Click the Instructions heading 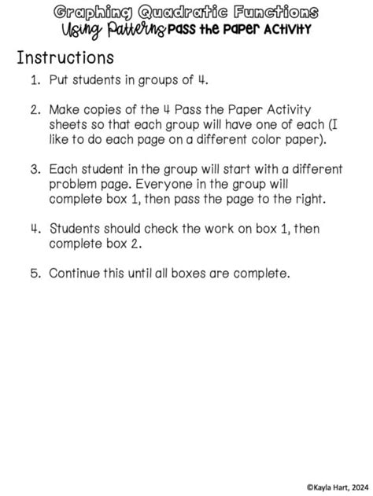click(65, 58)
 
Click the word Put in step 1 click(60, 79)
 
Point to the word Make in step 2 click(65, 110)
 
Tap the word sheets click(68, 125)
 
